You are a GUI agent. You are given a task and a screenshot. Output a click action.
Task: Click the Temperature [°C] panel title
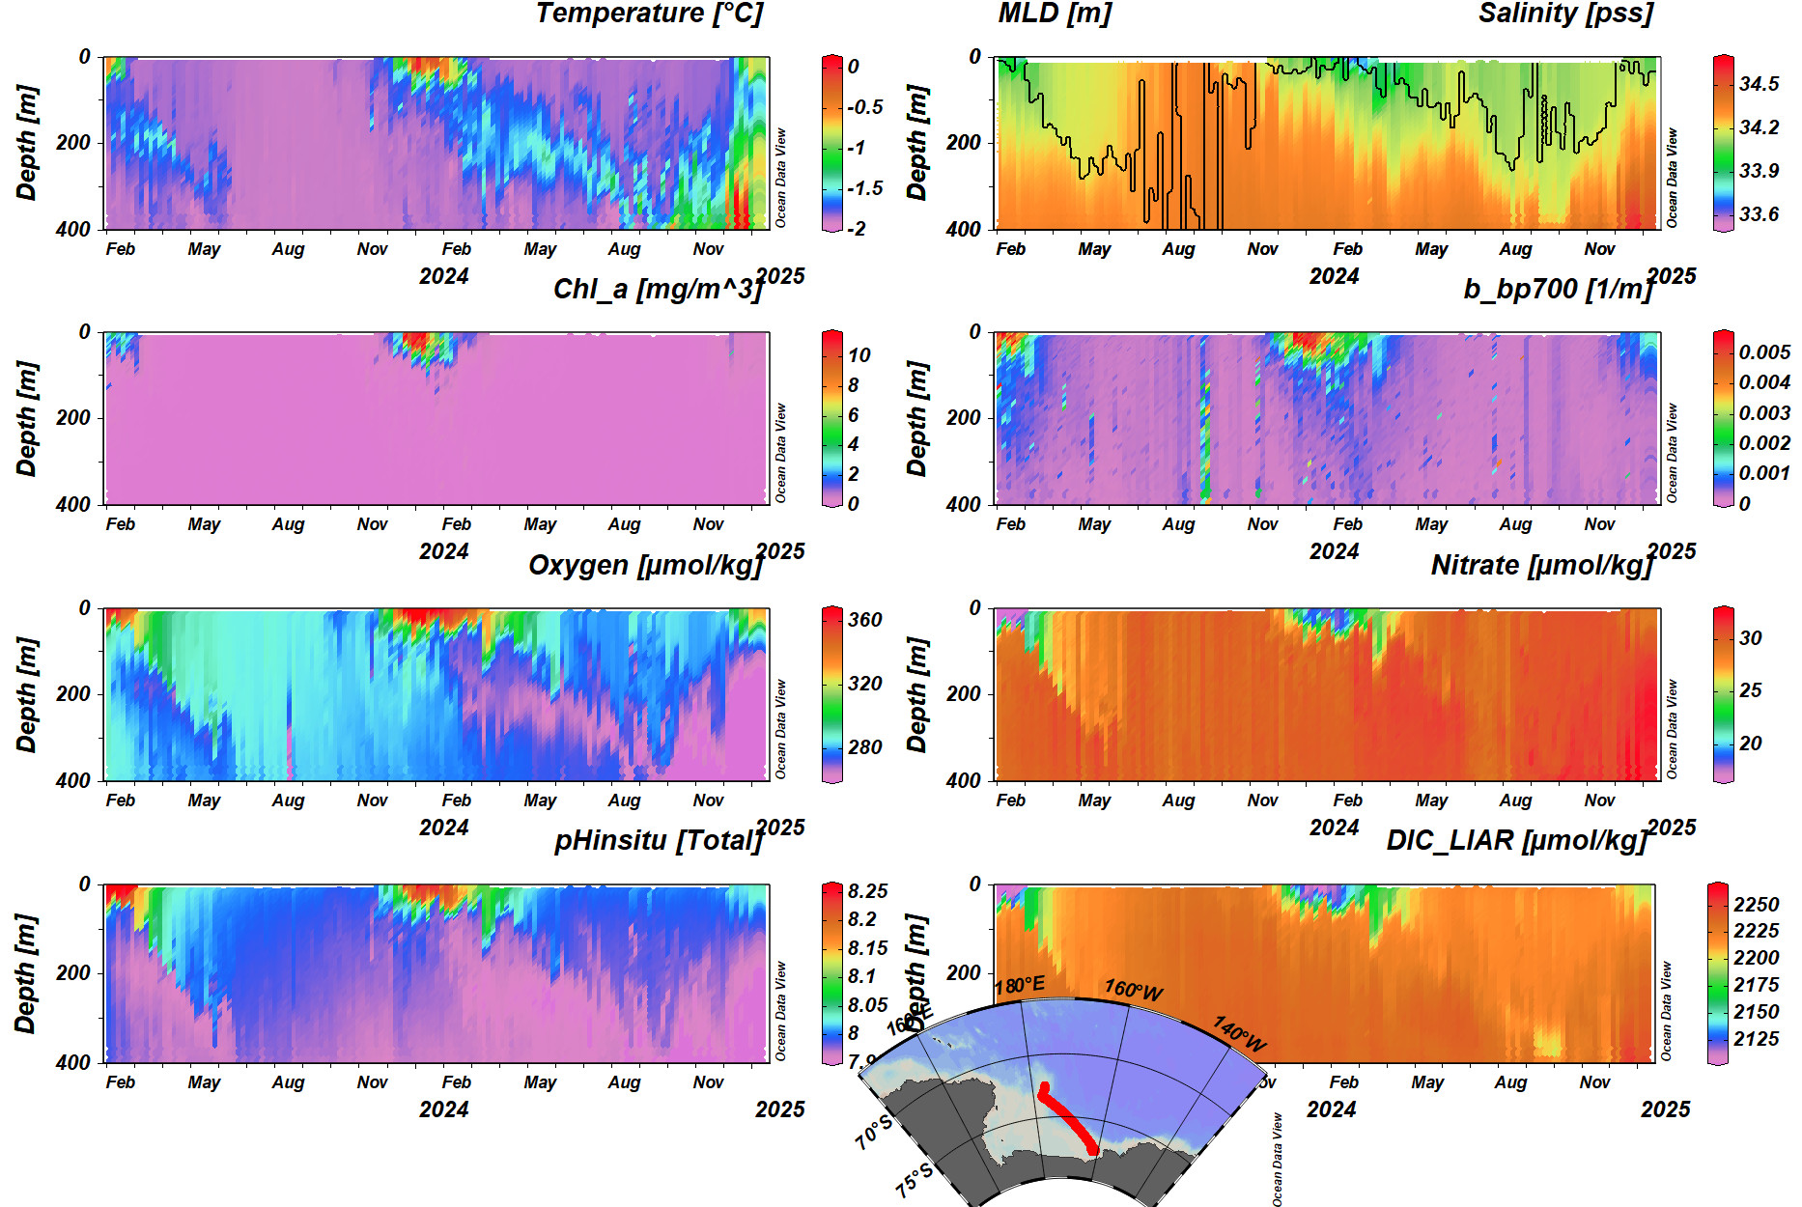(x=648, y=14)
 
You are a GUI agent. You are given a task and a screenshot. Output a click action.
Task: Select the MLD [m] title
(x=1055, y=14)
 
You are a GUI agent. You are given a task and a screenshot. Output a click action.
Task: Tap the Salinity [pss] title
(x=1565, y=14)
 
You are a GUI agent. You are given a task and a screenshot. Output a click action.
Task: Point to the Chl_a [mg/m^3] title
(x=658, y=289)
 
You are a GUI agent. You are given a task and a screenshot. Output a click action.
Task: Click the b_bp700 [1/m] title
(x=1558, y=289)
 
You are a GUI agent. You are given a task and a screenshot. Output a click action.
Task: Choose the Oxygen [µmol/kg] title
(x=645, y=565)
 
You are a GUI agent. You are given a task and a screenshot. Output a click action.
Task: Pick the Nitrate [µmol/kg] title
(x=1542, y=565)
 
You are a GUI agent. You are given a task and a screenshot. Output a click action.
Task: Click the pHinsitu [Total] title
(x=658, y=840)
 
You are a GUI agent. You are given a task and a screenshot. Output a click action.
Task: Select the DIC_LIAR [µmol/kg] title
(x=1516, y=840)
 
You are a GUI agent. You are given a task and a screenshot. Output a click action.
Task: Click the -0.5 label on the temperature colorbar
(x=865, y=107)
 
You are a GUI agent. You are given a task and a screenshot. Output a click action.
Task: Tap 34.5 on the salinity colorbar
(x=1759, y=84)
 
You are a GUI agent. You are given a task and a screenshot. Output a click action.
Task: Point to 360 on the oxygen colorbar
(x=864, y=620)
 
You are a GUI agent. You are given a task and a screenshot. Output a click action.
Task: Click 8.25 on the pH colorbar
(x=867, y=891)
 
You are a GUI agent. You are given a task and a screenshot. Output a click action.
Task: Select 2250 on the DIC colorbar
(x=1756, y=905)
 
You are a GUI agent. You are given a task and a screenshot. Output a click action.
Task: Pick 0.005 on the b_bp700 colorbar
(x=1764, y=352)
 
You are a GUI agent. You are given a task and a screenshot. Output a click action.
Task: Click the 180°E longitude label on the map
(x=1020, y=986)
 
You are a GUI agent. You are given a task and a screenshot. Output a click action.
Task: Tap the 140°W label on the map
(x=1239, y=1033)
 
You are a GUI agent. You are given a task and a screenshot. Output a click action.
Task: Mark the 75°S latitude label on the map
(x=914, y=1180)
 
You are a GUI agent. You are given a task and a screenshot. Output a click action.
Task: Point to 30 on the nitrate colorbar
(x=1750, y=638)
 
